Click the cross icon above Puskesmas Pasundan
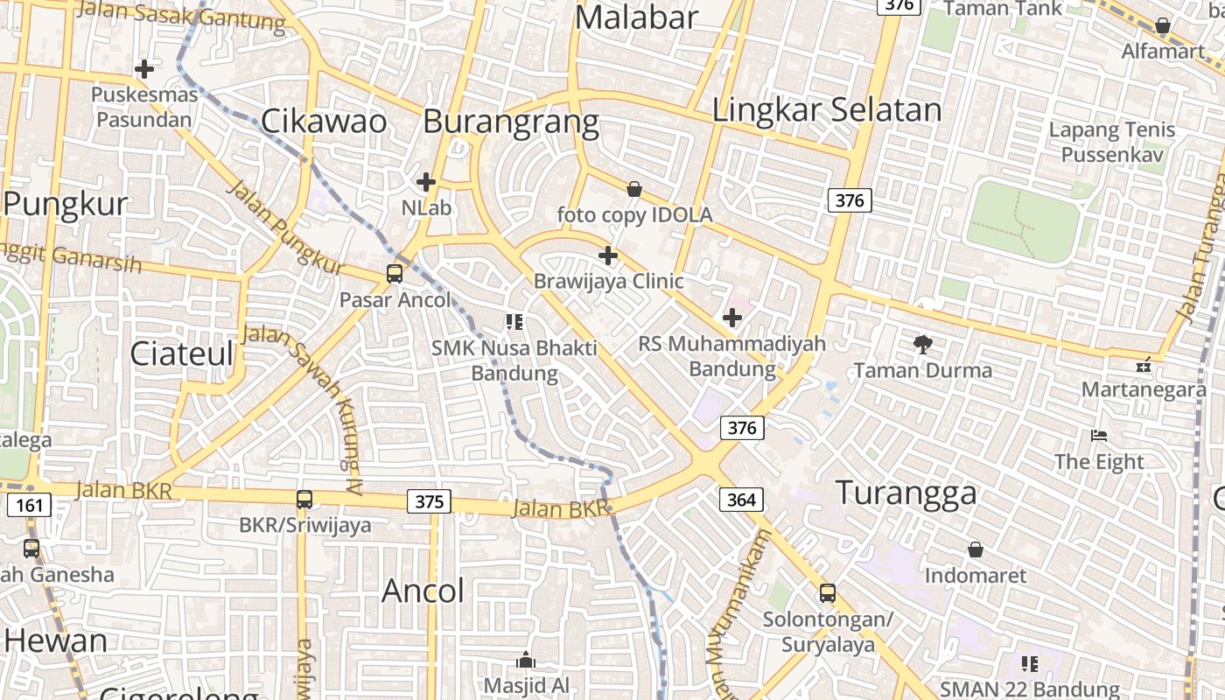[144, 68]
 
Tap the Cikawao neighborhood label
[324, 122]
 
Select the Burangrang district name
[511, 122]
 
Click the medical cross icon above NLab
[426, 182]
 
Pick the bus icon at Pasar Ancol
[395, 274]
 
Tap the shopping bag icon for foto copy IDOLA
[634, 189]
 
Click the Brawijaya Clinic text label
[608, 282]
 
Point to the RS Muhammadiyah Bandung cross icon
[732, 318]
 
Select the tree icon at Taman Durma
[922, 345]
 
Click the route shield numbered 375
[429, 501]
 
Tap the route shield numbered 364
[741, 500]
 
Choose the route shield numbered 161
[28, 505]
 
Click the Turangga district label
[906, 493]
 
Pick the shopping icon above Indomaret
[976, 549]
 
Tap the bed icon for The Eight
[1099, 436]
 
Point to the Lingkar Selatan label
[827, 110]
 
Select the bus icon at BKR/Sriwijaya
[304, 500]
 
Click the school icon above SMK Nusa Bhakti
[514, 322]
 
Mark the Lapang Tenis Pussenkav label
[1112, 143]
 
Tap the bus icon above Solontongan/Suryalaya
[828, 593]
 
